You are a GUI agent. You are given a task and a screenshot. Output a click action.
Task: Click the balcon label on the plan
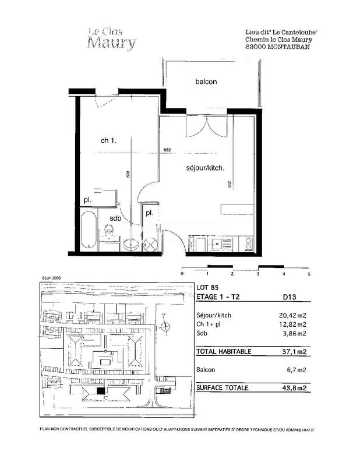click(x=206, y=82)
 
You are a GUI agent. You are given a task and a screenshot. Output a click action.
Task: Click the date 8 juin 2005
click(x=52, y=279)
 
